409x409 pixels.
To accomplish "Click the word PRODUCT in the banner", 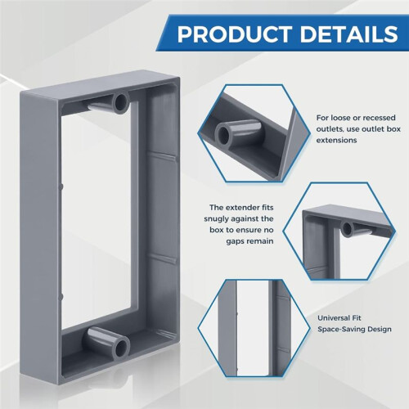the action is pos(235,34).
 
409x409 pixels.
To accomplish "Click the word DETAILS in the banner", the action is pos(349,34).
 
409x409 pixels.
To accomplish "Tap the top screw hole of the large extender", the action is pos(120,102).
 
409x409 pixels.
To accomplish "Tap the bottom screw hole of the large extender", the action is pos(121,348).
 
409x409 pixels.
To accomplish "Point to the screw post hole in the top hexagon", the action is pos(223,134).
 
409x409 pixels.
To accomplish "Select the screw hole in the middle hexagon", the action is pos(347,229).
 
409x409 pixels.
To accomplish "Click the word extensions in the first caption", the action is pos(336,140).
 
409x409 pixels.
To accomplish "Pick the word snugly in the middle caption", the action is pos(218,219).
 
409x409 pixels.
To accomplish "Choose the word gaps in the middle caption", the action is pos(235,241).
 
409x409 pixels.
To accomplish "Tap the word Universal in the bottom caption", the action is pos(331,318).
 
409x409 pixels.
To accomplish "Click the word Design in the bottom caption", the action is pos(380,330).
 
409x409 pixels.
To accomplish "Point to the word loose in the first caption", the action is pos(339,118).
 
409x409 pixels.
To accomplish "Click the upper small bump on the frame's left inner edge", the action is pos(61,187).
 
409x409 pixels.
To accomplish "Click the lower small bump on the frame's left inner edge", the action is pos(61,296).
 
